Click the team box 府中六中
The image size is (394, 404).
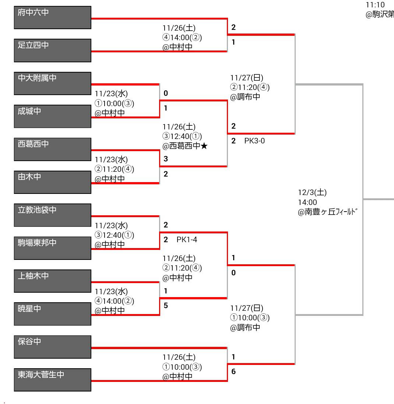pyautogui.click(x=53, y=17)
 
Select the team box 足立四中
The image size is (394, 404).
pyautogui.click(x=53, y=50)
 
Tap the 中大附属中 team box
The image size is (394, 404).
pyautogui.click(x=53, y=83)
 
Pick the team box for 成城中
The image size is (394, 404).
pyautogui.click(x=53, y=116)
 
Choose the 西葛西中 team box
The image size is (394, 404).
pyautogui.click(x=53, y=149)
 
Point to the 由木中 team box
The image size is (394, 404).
pyautogui.click(x=53, y=182)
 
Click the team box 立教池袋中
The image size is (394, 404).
pyautogui.click(x=53, y=215)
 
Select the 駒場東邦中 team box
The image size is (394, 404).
pyautogui.click(x=53, y=248)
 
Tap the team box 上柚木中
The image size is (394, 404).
pyautogui.click(x=53, y=281)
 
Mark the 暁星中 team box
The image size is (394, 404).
pyautogui.click(x=53, y=314)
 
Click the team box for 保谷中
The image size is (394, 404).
pyautogui.click(x=53, y=347)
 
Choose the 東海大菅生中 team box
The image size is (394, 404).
pyautogui.click(x=53, y=380)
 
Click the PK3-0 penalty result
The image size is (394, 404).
pyautogui.click(x=254, y=141)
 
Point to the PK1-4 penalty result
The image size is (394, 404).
pyautogui.click(x=187, y=240)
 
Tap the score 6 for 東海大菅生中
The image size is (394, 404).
pyautogui.click(x=233, y=372)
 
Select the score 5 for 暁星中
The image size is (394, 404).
pyautogui.click(x=166, y=306)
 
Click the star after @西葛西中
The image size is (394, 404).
pyautogui.click(x=205, y=146)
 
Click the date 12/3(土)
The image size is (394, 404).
pyautogui.click(x=312, y=192)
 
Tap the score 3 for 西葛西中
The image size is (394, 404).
pyautogui.click(x=166, y=159)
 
